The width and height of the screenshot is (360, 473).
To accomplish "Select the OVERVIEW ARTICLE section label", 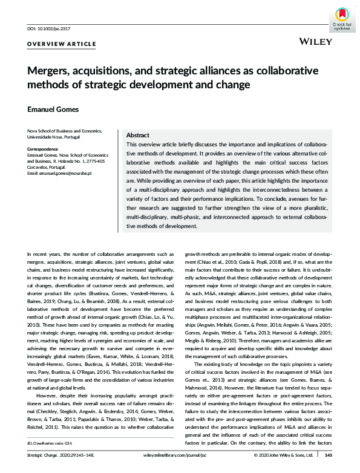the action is (x=62, y=44).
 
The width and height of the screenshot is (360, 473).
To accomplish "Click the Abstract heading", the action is (x=139, y=136).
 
